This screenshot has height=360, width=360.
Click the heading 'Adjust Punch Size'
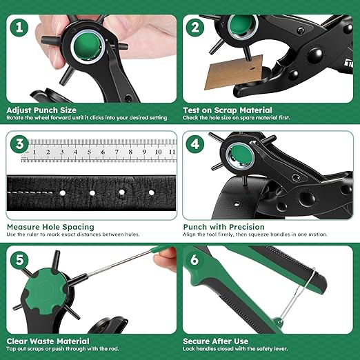tap(41, 110)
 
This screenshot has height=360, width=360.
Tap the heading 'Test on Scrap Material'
tap(228, 110)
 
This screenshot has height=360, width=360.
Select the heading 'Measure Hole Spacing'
tap(50, 226)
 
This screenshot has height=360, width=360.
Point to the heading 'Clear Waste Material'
tap(48, 341)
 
